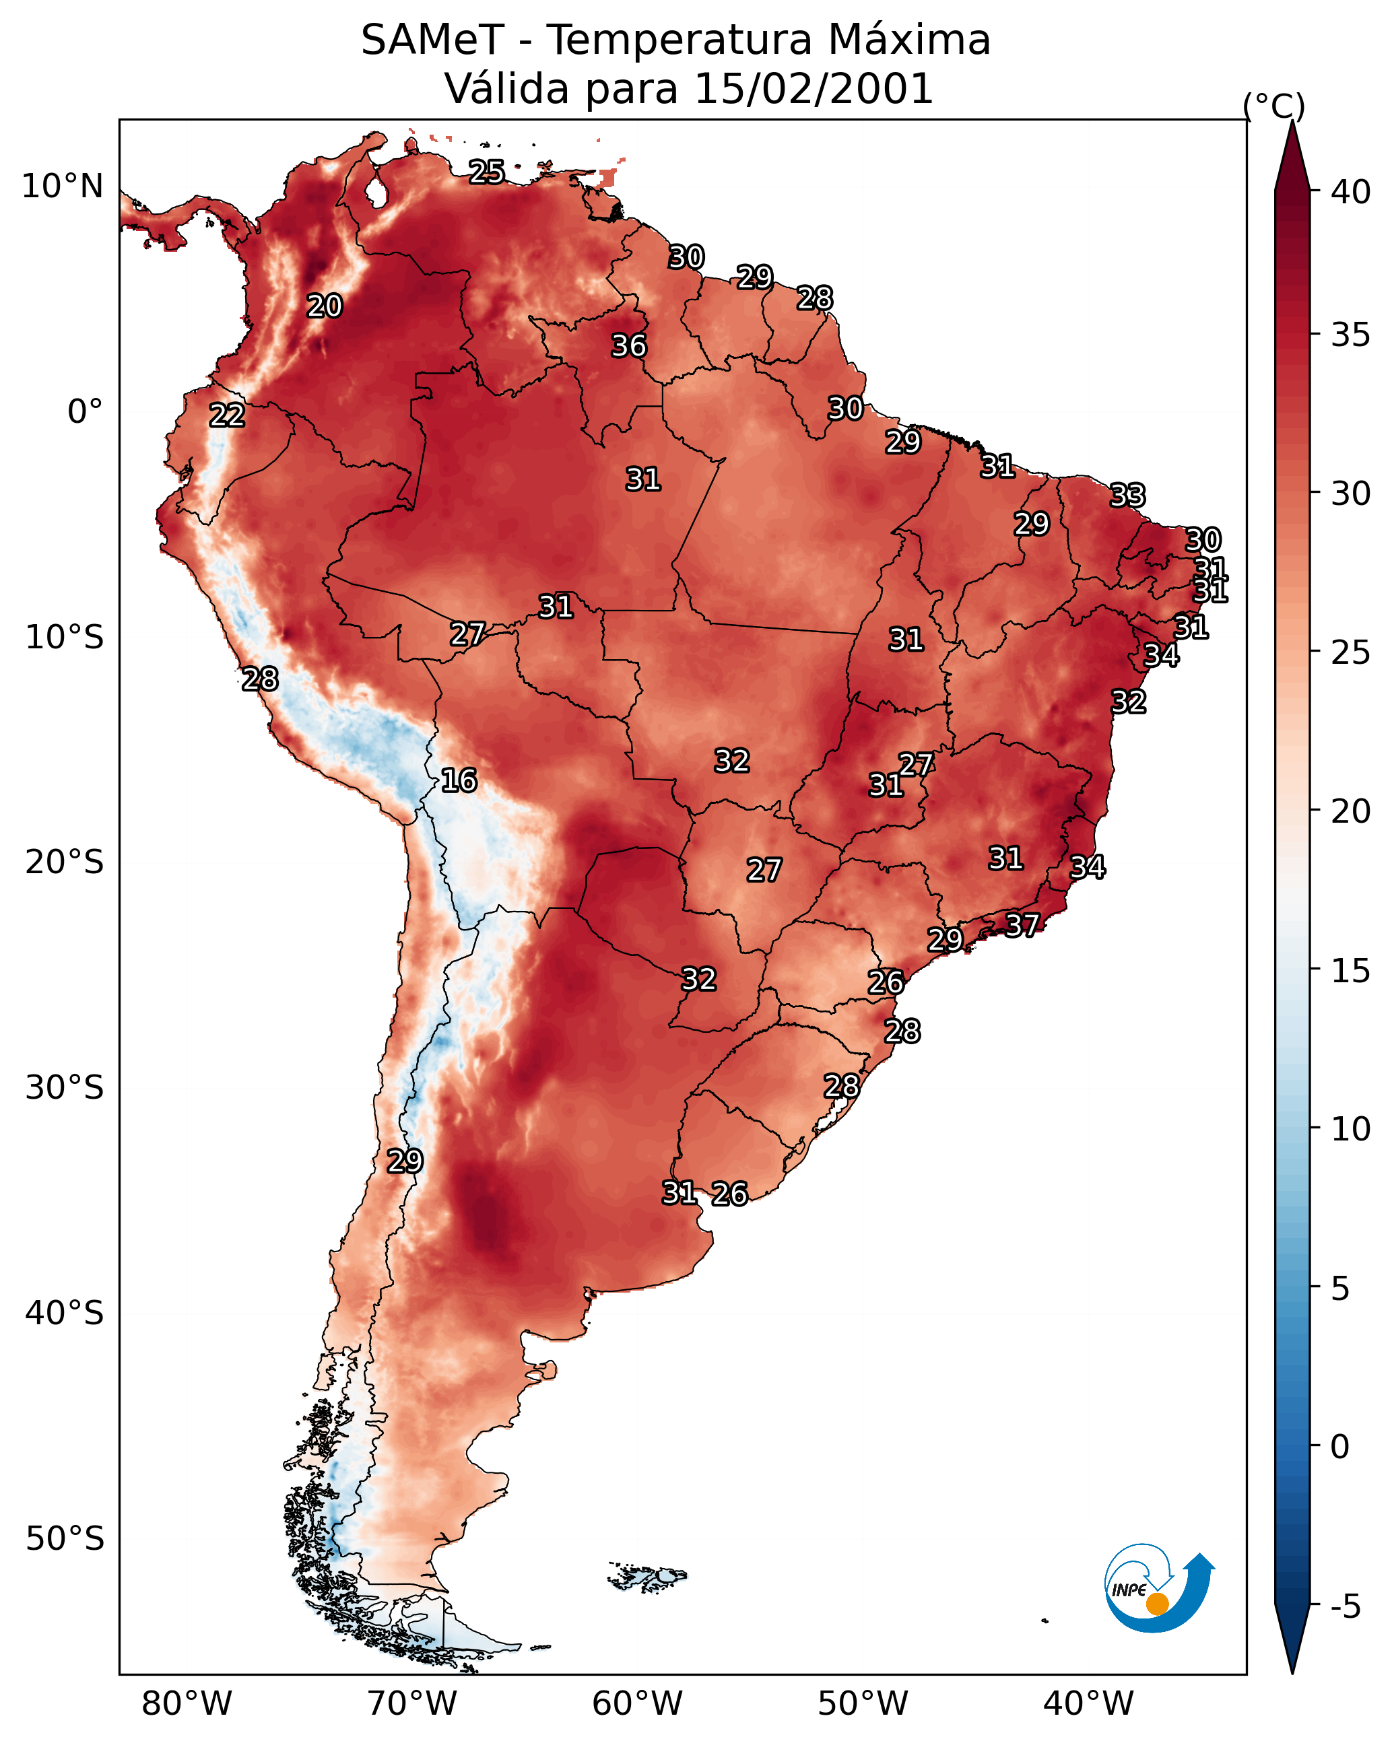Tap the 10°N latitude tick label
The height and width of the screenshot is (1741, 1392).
point(62,186)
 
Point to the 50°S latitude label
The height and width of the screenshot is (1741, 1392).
point(65,1539)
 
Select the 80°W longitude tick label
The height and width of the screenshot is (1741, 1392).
point(187,1704)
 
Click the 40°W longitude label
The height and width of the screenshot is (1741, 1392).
point(1088,1704)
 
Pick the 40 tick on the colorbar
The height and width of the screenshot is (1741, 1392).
point(1351,192)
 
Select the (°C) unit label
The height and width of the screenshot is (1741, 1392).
point(1274,106)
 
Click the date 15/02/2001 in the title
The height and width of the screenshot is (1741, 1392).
point(814,89)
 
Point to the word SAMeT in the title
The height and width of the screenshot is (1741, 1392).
point(432,40)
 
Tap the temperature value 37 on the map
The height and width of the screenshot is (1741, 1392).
point(1022,924)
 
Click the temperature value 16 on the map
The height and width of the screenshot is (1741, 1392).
point(459,781)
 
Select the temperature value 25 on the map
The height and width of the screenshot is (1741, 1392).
point(487,172)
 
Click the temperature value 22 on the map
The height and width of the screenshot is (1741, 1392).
point(227,416)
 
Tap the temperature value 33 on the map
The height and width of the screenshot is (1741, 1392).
point(1127,495)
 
